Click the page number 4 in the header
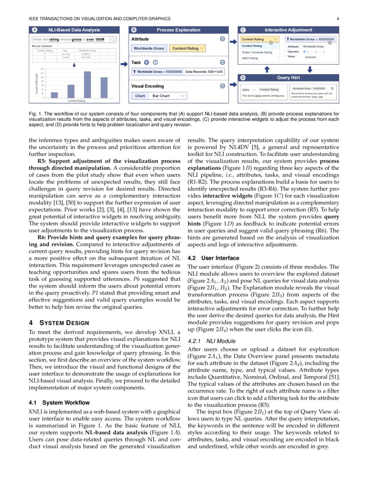(x=338, y=19)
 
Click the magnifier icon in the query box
(x=113, y=39)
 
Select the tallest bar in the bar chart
(x=87, y=84)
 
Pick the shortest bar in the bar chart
(x=54, y=95)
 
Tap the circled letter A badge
(x=35, y=30)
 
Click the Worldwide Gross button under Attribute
(x=149, y=48)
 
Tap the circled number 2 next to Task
(x=155, y=62)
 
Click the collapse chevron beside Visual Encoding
(x=223, y=86)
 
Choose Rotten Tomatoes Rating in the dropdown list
(x=257, y=52)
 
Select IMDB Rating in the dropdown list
(x=250, y=58)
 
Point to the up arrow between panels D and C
(x=267, y=69)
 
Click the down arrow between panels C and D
(x=310, y=69)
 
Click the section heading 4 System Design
(x=59, y=323)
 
